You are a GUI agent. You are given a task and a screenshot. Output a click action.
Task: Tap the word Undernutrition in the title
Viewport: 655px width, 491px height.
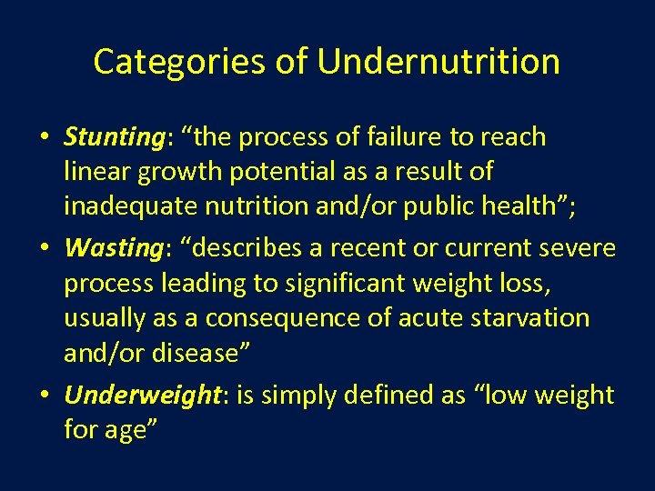coord(438,62)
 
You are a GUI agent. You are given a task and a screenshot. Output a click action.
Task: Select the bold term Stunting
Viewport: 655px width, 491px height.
coord(112,137)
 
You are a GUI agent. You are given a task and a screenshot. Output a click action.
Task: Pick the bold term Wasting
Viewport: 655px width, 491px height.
coord(107,248)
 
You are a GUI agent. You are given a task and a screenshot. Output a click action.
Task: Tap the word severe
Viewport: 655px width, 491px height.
coord(574,248)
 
